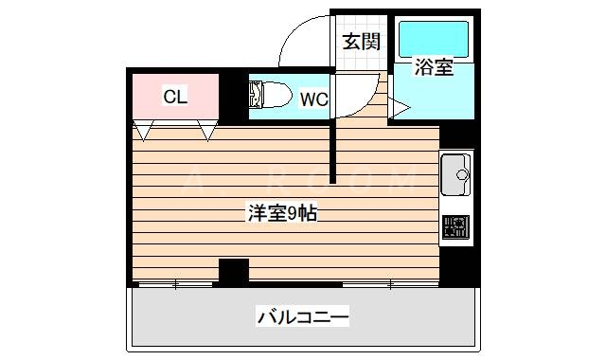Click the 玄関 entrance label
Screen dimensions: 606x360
tap(361, 41)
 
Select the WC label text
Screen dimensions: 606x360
tap(313, 98)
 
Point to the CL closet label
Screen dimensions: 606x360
tap(175, 97)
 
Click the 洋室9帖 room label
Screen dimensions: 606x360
tap(282, 214)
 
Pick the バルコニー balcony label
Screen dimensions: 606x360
tap(303, 317)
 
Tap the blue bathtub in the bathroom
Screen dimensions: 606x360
tap(433, 37)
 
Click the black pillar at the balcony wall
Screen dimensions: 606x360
tap(234, 271)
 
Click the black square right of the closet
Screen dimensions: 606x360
tap(233, 98)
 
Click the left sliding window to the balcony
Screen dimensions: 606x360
tap(177, 283)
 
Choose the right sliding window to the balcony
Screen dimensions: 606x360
tap(388, 283)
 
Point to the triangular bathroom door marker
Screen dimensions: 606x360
tap(398, 110)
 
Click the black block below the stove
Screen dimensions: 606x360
tap(458, 264)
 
